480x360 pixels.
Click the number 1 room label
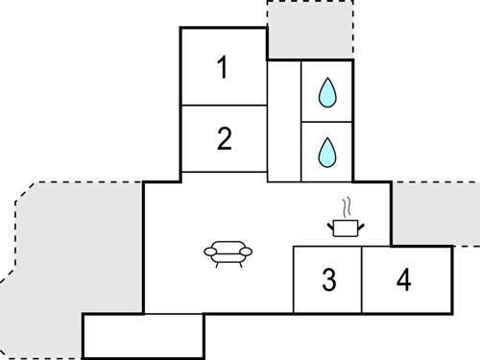223,68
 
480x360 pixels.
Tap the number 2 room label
224,139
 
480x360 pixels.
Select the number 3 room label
328,280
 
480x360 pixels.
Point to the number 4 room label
403,280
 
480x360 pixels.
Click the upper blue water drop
327,92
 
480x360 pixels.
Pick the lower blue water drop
327,151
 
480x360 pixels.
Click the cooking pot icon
345,228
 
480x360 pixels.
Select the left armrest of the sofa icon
210,252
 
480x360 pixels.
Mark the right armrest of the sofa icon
248,252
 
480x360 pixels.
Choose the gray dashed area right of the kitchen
435,213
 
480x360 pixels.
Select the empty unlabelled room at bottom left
143,335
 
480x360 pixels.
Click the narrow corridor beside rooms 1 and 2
284,120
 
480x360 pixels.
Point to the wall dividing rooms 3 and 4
362,280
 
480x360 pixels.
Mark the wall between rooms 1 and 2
224,105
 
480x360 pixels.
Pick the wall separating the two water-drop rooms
327,122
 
